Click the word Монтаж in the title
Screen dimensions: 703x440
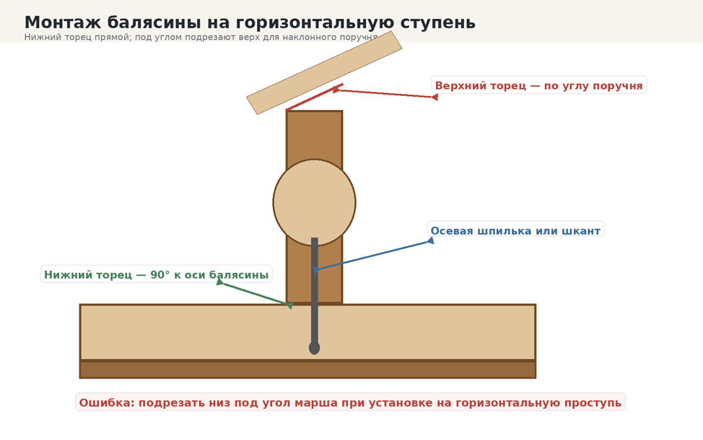(63, 22)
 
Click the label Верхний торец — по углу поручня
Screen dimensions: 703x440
(539, 85)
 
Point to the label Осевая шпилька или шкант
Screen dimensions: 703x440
(515, 230)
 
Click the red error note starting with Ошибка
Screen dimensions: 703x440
(350, 402)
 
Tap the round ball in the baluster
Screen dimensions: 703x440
(314, 202)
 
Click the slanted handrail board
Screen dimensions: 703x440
(324, 73)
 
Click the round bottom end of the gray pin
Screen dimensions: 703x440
(314, 348)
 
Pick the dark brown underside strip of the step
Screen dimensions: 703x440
(307, 369)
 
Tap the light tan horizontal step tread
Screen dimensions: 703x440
(307, 332)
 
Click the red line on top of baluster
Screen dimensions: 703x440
(314, 97)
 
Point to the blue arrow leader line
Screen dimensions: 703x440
(373, 256)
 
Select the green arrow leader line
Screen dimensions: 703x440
(255, 293)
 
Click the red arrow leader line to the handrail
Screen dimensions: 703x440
(385, 93)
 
